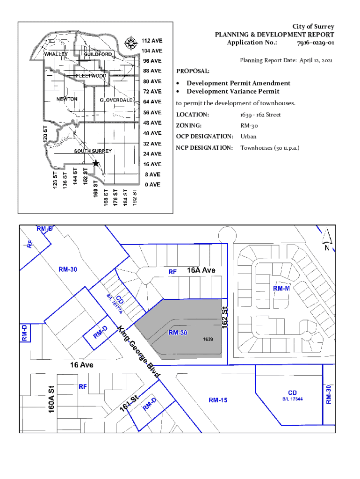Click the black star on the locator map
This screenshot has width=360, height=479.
tap(96, 163)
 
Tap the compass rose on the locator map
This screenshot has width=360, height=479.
tap(131, 43)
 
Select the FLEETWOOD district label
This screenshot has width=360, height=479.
tap(91, 75)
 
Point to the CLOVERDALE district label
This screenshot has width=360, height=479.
tap(116, 100)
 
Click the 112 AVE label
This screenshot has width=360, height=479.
tap(152, 41)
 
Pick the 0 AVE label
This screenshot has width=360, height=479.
tap(153, 184)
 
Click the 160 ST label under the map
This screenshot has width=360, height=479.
tap(95, 189)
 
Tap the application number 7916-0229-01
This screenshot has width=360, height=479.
tap(316, 43)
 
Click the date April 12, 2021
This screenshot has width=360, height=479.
tap(316, 60)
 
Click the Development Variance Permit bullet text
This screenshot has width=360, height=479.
tap(233, 91)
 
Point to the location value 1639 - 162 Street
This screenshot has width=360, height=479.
tap(260, 115)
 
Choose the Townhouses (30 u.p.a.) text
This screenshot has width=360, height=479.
tap(270, 148)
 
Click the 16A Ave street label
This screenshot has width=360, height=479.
tap(201, 270)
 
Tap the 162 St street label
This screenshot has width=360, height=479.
tap(225, 318)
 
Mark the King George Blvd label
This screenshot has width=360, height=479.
tap(139, 352)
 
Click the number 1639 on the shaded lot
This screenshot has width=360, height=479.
tap(208, 339)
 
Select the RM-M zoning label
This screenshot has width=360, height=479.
tap(281, 289)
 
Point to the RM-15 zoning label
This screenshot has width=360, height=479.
tap(218, 400)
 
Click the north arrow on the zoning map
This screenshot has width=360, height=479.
tap(327, 239)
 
